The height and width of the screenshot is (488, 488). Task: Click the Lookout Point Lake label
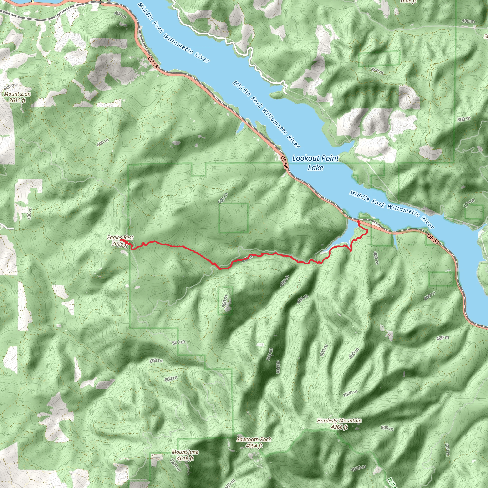(315, 163)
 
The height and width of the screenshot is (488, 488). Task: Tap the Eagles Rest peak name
(120, 237)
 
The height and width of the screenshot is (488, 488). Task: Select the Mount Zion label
(17, 94)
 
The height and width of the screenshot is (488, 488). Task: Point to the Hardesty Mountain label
(339, 421)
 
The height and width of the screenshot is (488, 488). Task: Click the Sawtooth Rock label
(254, 439)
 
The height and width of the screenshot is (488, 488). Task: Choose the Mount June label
(185, 452)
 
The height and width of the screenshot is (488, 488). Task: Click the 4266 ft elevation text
(339, 427)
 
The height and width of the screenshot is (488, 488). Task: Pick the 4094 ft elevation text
(254, 446)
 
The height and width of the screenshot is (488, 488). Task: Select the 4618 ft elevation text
(185, 458)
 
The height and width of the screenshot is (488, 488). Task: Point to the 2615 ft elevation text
(17, 100)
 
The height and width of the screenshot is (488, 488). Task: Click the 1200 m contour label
(175, 465)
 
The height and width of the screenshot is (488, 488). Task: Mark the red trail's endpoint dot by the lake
(358, 221)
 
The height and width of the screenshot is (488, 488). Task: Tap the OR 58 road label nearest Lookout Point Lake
(285, 162)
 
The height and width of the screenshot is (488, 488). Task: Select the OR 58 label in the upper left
(153, 62)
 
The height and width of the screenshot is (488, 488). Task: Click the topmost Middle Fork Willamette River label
(173, 33)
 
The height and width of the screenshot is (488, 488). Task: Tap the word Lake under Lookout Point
(315, 168)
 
